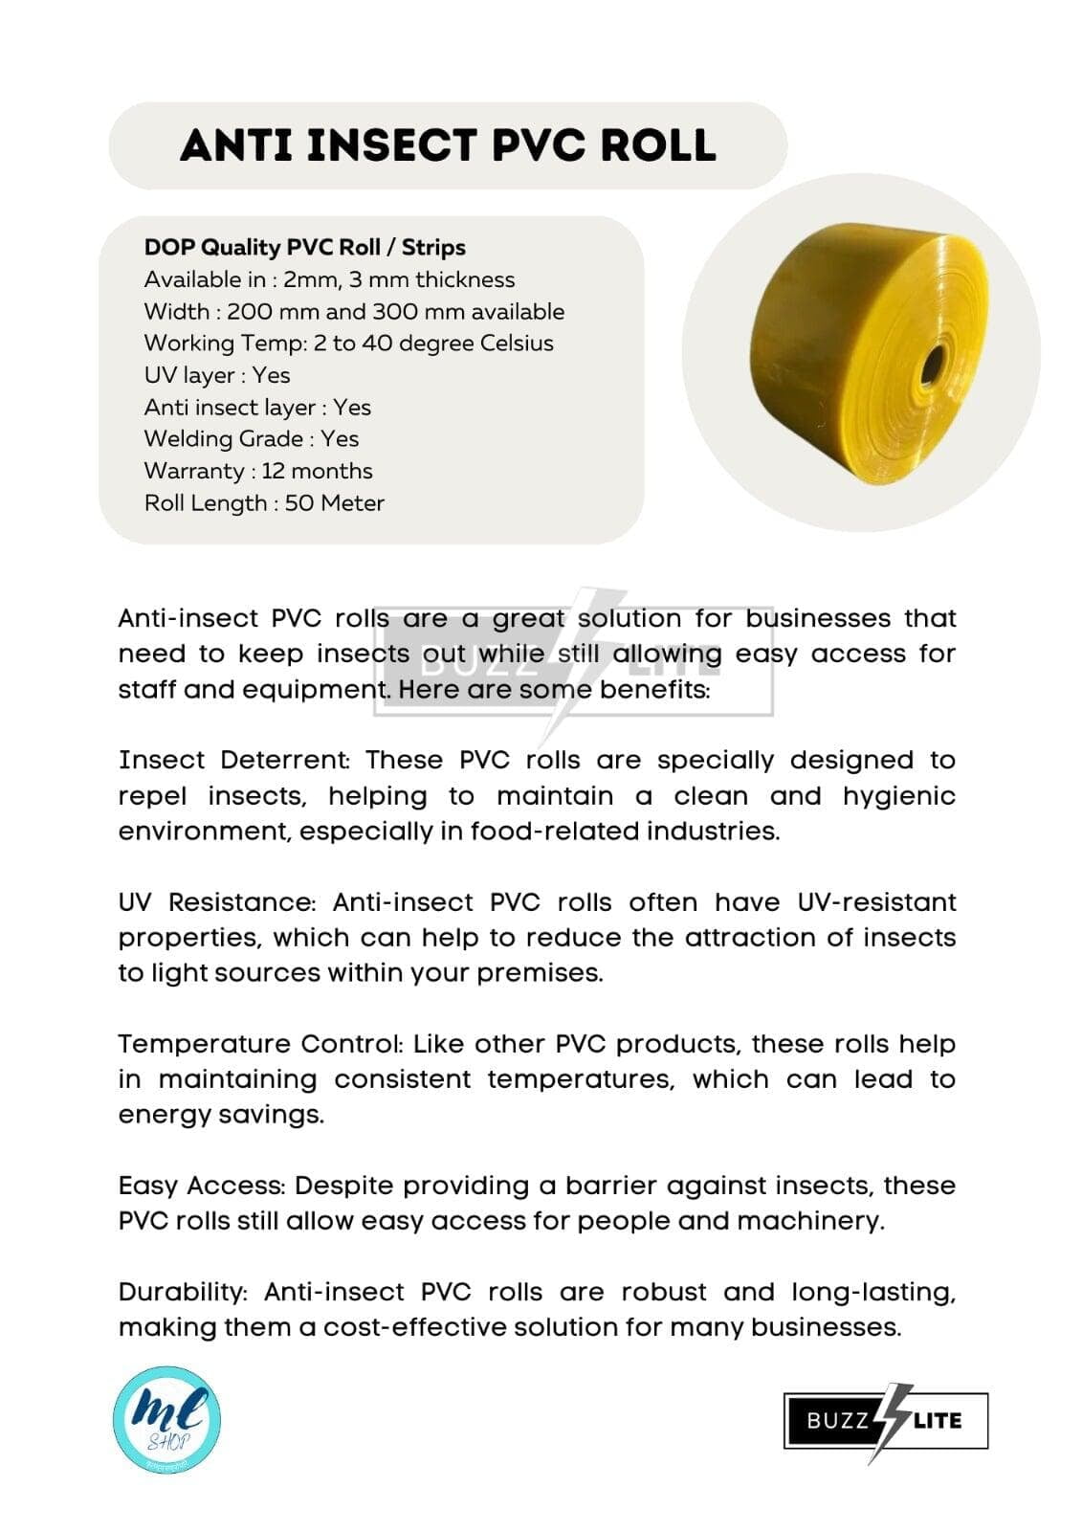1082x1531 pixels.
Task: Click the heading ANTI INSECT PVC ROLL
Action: coord(448,145)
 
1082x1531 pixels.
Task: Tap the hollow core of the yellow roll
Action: coord(932,365)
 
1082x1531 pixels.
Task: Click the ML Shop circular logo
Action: coord(166,1419)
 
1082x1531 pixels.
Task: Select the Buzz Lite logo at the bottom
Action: coord(885,1421)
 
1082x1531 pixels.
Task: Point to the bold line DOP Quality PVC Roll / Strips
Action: coord(304,247)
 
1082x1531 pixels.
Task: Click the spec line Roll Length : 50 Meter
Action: coord(264,502)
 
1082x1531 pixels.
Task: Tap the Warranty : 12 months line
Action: coord(258,471)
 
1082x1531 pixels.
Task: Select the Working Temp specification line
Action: coord(348,343)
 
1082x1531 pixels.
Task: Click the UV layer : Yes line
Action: coord(217,375)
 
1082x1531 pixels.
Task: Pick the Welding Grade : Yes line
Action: coord(252,438)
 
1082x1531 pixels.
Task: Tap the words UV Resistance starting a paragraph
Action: coord(216,902)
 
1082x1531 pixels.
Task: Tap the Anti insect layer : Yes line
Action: coord(257,407)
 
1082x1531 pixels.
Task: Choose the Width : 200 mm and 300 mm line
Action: coord(354,311)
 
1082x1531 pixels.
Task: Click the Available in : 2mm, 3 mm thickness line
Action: coord(329,279)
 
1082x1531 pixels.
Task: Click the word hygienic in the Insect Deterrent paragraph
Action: coord(898,796)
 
